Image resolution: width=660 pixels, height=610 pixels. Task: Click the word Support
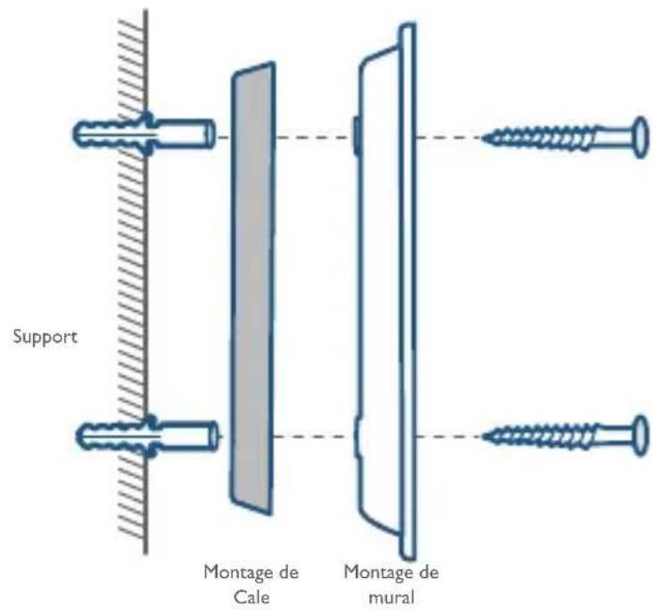tap(45, 337)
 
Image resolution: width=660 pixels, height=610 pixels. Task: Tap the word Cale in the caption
tap(251, 597)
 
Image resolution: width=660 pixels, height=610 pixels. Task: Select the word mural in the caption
tap(392, 597)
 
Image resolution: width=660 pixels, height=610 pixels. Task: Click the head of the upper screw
tap(640, 137)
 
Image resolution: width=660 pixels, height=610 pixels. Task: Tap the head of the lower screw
tap(640, 436)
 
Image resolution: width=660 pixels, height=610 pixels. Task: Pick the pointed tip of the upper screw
tap(483, 137)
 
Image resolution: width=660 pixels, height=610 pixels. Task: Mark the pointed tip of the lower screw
tap(483, 437)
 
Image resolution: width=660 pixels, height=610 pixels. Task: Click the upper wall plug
tap(143, 134)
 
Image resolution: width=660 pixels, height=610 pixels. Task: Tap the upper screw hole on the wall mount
tap(356, 135)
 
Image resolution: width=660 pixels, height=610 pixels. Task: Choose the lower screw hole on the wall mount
tap(357, 436)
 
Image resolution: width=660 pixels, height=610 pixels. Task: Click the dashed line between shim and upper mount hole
tap(314, 137)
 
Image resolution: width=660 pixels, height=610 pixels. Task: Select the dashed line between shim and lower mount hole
tap(314, 437)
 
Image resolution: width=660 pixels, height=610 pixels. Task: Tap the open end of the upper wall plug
tap(210, 134)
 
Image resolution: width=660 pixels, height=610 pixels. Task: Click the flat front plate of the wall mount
tap(408, 291)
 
